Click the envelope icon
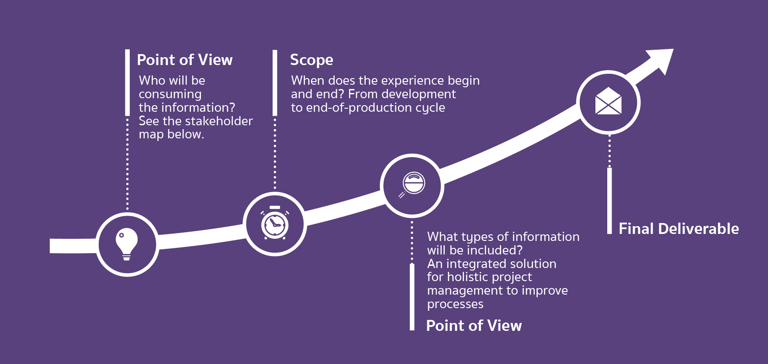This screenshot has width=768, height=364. click(609, 101)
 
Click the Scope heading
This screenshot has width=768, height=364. click(311, 60)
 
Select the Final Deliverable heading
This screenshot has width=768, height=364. click(679, 229)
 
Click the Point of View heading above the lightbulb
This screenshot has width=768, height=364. click(185, 60)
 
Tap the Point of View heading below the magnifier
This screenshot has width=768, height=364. click(474, 326)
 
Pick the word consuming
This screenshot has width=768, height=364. click(170, 94)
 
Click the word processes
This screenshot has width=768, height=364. click(455, 304)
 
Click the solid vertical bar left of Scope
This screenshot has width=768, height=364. click(275, 82)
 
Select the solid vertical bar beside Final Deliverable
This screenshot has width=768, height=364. click(609, 201)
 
